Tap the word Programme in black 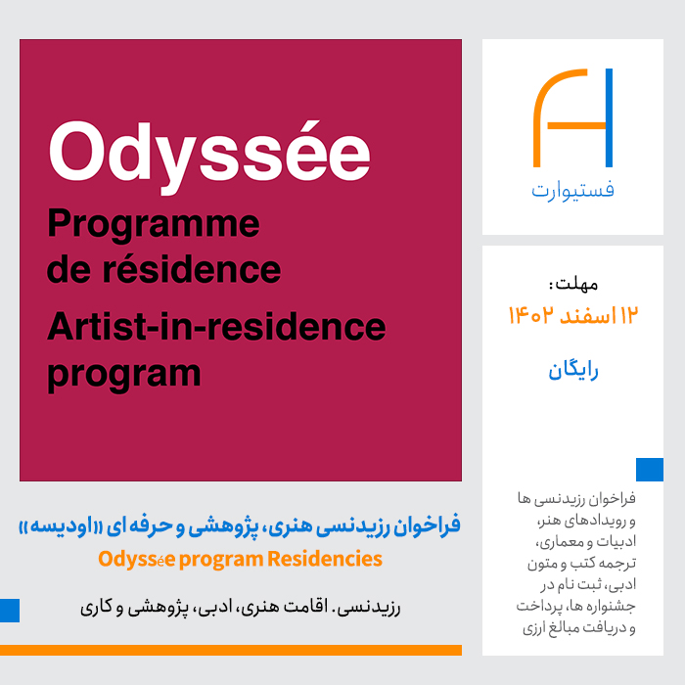click(x=154, y=225)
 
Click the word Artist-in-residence click(x=216, y=326)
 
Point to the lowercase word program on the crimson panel click(x=123, y=375)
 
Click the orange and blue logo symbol click(x=572, y=118)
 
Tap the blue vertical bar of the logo click(x=609, y=118)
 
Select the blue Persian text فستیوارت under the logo click(x=572, y=191)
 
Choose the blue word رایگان click(x=573, y=371)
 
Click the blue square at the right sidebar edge click(x=650, y=470)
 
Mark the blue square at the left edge click(x=10, y=611)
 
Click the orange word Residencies click(x=325, y=559)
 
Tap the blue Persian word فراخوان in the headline click(x=427, y=525)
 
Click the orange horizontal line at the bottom click(x=231, y=650)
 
